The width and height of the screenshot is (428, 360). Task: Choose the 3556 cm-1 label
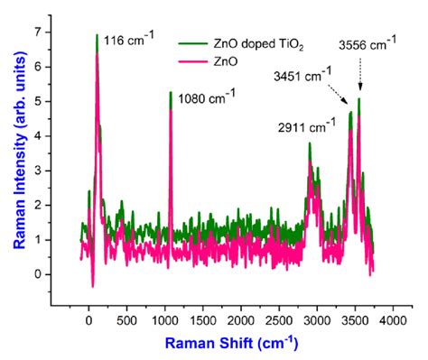(368, 43)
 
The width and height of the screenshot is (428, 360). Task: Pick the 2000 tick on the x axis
(241, 320)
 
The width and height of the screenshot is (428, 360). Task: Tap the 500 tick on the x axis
(127, 320)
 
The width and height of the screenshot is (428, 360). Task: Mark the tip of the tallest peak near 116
(97, 35)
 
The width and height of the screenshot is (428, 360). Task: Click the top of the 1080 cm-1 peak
(171, 92)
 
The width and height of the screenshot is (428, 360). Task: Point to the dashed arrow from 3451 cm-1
(339, 97)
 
